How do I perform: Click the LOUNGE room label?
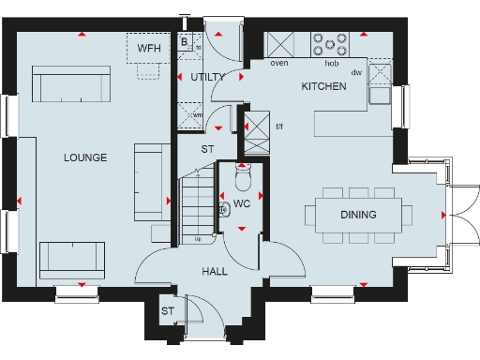click(x=84, y=157)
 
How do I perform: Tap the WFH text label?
click(x=149, y=46)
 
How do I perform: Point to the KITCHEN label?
click(x=323, y=86)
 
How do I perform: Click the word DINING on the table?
click(x=358, y=215)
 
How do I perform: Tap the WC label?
click(x=242, y=203)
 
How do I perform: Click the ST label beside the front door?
click(x=168, y=311)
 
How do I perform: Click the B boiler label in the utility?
click(x=185, y=42)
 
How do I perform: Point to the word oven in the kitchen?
click(x=278, y=64)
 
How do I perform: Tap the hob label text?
click(x=330, y=64)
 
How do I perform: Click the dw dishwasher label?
click(x=356, y=71)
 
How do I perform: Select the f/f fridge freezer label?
click(x=278, y=126)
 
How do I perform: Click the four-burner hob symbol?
click(x=330, y=45)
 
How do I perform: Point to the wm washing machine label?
click(x=198, y=115)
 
